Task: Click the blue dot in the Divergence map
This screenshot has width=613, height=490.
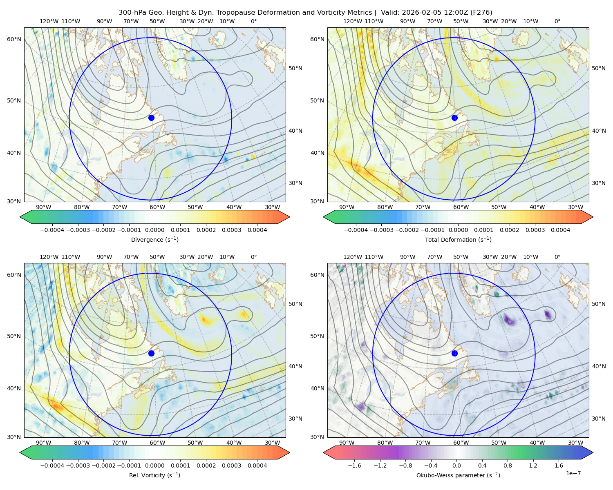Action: point(151,118)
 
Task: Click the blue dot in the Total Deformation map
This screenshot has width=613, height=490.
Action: point(454,118)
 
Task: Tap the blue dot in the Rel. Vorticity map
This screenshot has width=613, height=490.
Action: point(151,353)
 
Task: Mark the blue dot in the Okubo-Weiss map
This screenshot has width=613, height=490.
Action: point(454,353)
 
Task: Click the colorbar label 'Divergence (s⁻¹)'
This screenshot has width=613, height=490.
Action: point(154,239)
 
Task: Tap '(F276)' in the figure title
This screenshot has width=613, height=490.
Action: point(481,13)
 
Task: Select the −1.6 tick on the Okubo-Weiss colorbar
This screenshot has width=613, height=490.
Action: point(354,465)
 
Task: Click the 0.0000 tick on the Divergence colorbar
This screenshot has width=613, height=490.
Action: point(154,230)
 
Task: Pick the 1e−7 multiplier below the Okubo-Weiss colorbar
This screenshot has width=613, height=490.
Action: point(573,473)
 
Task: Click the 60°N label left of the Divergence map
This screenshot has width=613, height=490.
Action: point(14,39)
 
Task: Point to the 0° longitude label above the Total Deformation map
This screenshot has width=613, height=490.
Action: point(557,21)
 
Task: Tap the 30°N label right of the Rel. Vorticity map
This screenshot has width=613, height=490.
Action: point(295,419)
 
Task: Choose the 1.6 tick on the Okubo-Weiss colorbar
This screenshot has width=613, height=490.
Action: point(559,465)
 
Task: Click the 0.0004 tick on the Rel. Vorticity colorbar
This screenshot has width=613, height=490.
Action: point(257,465)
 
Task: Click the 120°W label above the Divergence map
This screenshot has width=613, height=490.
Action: point(49,21)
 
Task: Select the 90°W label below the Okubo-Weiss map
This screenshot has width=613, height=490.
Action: point(347,443)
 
